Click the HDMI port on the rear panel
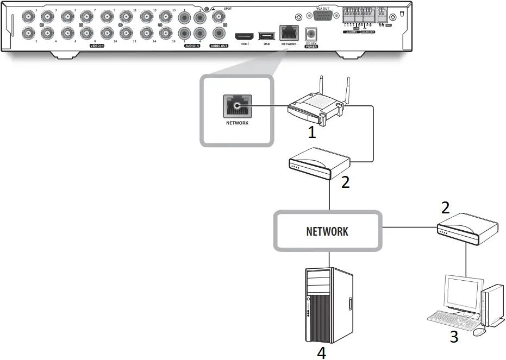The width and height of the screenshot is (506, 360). pyautogui.click(x=243, y=36)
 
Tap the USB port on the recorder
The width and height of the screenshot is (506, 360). pyautogui.click(x=266, y=36)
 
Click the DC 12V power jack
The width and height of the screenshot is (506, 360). pyautogui.click(x=312, y=33)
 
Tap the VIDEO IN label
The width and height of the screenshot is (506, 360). pyautogui.click(x=97, y=46)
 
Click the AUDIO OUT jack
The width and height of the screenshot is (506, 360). pyautogui.click(x=220, y=33)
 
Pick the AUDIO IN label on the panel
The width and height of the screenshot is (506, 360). pyautogui.click(x=192, y=46)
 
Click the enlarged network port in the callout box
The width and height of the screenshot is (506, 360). pyautogui.click(x=237, y=106)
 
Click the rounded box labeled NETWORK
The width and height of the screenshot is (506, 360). pyautogui.click(x=327, y=231)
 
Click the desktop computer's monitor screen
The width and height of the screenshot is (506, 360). pyautogui.click(x=463, y=296)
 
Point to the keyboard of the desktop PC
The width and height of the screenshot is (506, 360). pyautogui.click(x=451, y=320)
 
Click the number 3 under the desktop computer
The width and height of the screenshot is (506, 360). pyautogui.click(x=454, y=337)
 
